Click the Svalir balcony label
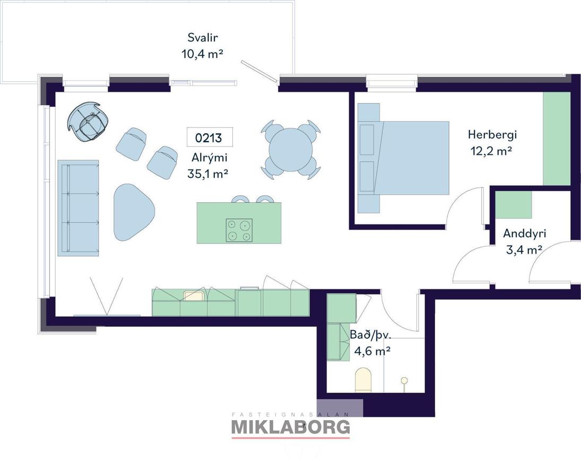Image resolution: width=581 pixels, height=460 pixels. pyautogui.click(x=202, y=38)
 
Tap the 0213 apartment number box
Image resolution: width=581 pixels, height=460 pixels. pyautogui.click(x=210, y=137)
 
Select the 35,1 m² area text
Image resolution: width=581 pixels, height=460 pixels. pyautogui.click(x=207, y=173)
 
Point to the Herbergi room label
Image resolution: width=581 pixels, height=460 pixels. pyautogui.click(x=492, y=134)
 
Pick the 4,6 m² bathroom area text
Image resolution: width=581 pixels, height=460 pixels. pyautogui.click(x=372, y=351)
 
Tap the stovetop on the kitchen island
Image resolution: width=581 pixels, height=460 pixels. pyautogui.click(x=239, y=230)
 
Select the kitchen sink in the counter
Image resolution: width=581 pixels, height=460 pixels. pyautogui.click(x=194, y=296)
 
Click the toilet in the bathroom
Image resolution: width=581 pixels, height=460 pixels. pyautogui.click(x=363, y=380)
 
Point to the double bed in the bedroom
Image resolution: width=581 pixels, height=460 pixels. pyautogui.click(x=403, y=158)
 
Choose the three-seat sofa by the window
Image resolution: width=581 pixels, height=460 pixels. pyautogui.click(x=79, y=208)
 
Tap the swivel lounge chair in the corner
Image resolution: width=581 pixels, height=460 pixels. pyautogui.click(x=88, y=121)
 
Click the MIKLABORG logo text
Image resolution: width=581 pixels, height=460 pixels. pyautogui.click(x=291, y=427)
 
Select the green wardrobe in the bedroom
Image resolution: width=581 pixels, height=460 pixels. pyautogui.click(x=557, y=139)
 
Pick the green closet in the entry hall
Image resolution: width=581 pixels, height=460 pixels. pyautogui.click(x=514, y=204)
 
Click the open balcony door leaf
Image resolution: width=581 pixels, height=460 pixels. pyautogui.click(x=259, y=71)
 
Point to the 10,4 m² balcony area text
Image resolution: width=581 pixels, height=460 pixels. pyautogui.click(x=202, y=54)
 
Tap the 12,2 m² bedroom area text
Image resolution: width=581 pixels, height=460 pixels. pyautogui.click(x=491, y=151)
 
